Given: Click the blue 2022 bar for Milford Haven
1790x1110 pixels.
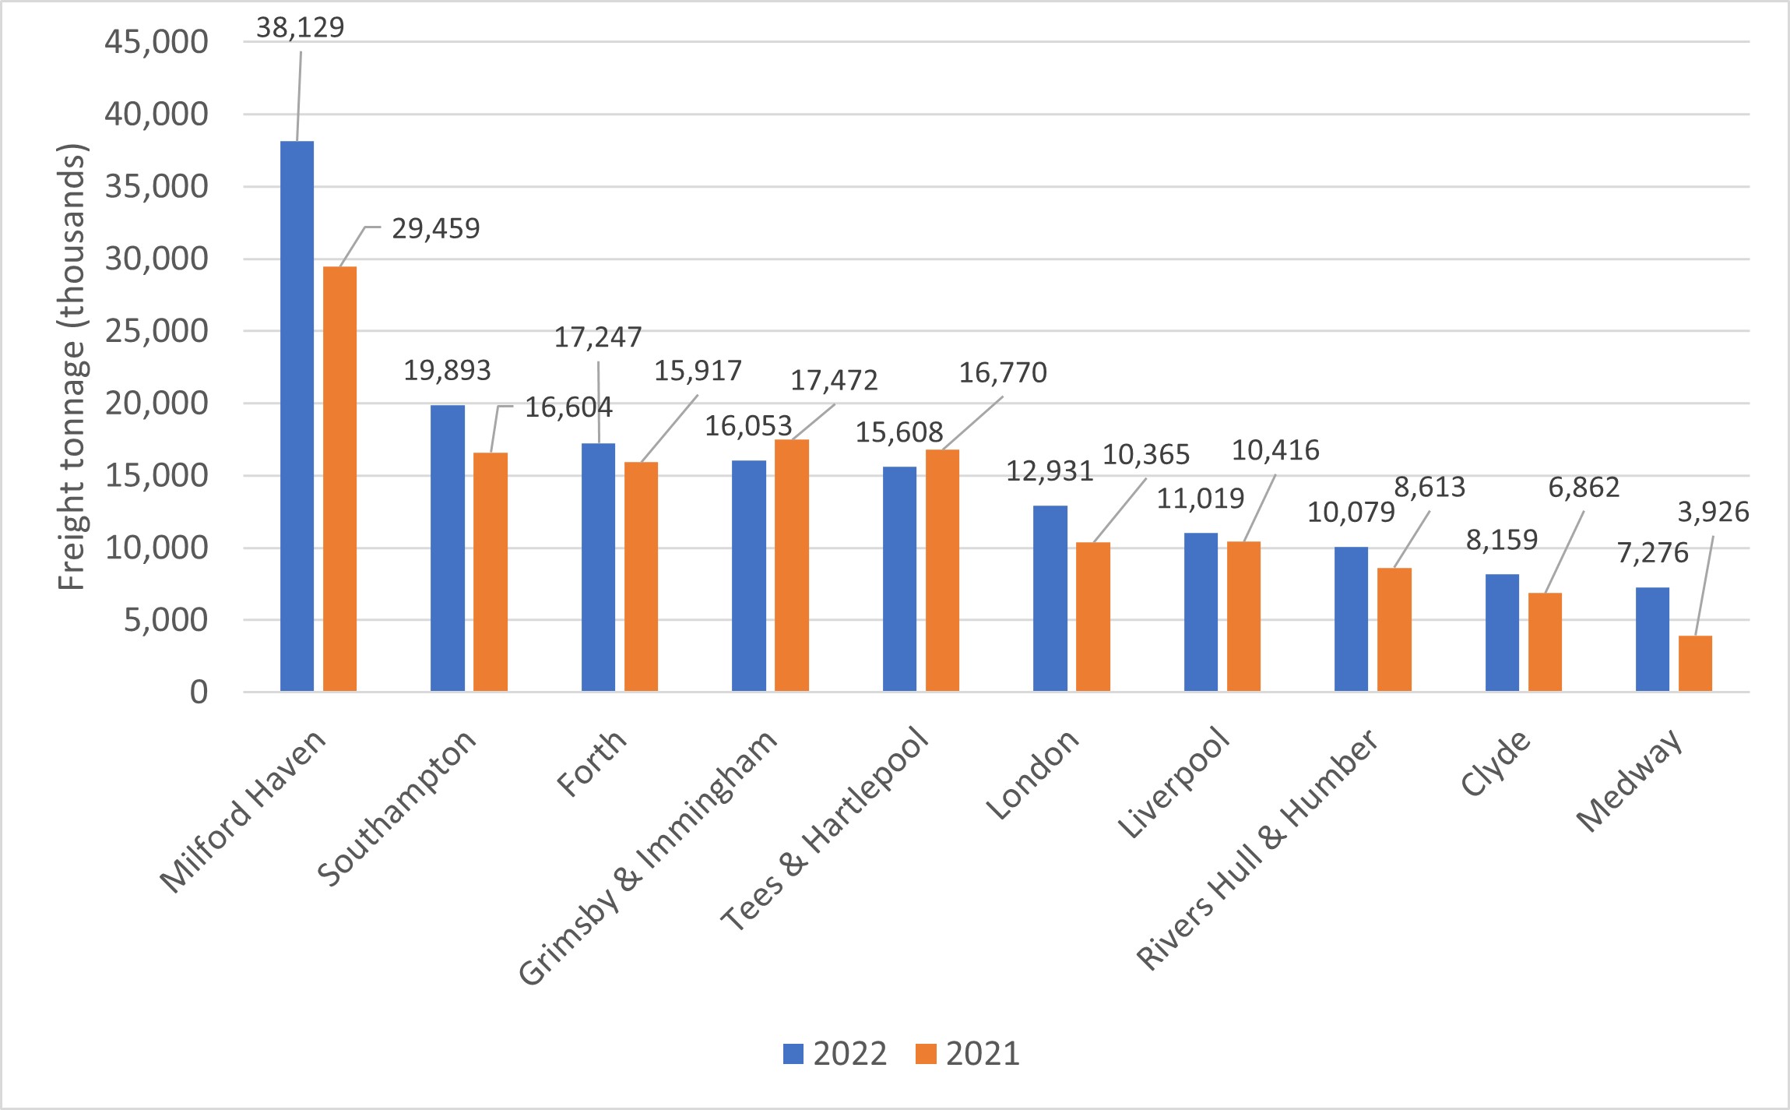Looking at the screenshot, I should pos(297,416).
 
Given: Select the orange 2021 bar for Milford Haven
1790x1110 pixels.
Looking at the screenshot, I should pos(339,478).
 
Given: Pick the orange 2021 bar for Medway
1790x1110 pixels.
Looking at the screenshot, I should pos(1695,663).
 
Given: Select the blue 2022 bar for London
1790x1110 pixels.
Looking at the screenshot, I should pos(1050,597).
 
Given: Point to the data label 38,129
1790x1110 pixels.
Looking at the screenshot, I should pos(300,28).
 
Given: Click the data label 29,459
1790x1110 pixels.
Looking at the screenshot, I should pos(435,229).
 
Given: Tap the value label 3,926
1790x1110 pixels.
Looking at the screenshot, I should pos(1713,513).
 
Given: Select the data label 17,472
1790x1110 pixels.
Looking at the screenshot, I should pos(834,381).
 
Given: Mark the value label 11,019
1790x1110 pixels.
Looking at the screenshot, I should pos(1200,499).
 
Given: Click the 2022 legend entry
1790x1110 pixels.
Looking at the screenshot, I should pos(835,1054).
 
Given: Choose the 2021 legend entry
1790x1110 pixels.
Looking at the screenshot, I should pos(968,1054).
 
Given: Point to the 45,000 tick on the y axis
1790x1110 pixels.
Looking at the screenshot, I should pos(156,42).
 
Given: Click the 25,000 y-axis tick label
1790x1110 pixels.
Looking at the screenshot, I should pos(156,331).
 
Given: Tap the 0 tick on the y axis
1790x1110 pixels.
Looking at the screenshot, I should pos(199,692).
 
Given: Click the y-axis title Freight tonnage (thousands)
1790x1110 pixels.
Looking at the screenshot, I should pos(72,367).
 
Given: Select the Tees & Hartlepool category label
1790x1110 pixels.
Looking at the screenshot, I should pos(825,830).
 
